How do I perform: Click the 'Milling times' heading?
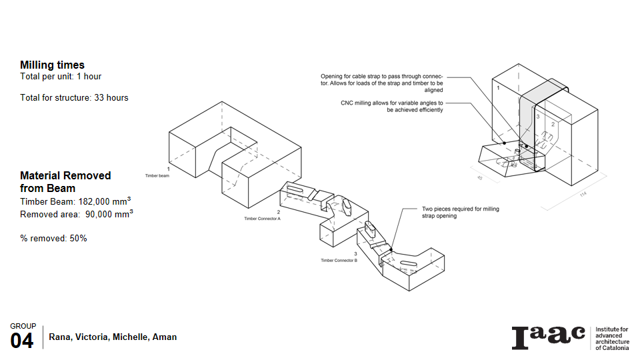52,65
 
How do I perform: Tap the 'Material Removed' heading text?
65,175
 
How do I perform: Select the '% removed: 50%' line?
53,238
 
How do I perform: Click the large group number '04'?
22,341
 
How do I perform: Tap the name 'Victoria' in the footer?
91,337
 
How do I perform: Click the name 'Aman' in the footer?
165,337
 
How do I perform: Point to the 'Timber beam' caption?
157,175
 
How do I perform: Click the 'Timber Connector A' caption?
262,219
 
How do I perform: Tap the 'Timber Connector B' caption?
339,261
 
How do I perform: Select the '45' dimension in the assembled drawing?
479,178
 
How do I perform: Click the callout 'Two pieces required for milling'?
461,209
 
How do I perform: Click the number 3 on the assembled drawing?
537,117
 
